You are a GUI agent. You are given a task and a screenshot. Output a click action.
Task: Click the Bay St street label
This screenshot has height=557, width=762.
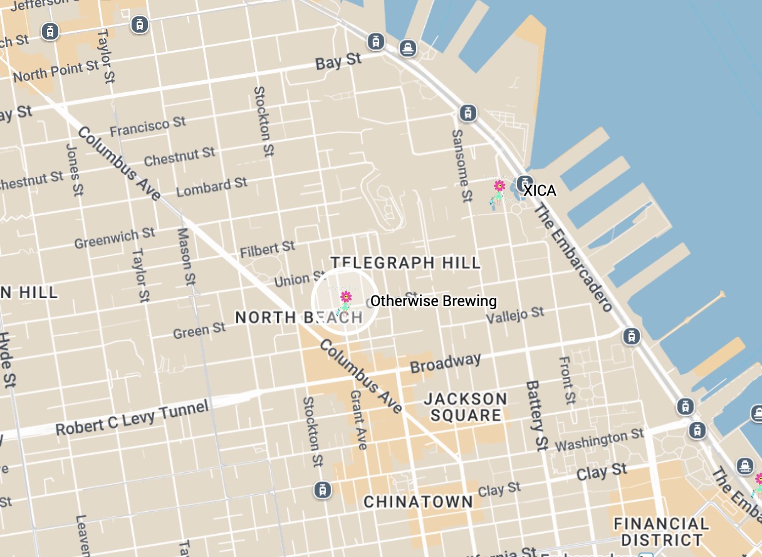pos(338,61)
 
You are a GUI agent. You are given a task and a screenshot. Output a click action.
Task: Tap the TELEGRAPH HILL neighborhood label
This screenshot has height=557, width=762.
pos(405,262)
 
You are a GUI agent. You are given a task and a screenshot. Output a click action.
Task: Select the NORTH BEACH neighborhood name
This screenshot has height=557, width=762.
pos(299,317)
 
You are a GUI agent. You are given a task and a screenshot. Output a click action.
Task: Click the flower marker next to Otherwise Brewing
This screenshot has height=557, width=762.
pos(345,297)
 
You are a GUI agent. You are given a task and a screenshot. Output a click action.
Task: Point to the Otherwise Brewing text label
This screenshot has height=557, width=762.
pos(433,301)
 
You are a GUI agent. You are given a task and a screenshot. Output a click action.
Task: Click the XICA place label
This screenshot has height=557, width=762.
pos(540,191)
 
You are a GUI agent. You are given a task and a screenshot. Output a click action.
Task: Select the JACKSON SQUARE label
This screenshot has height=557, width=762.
pos(466,406)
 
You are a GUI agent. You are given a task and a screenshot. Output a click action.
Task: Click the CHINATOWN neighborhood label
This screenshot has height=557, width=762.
pos(418,502)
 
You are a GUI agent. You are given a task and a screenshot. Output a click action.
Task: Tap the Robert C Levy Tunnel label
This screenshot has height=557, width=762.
pos(132,419)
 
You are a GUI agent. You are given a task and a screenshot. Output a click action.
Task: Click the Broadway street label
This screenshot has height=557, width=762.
pos(446,363)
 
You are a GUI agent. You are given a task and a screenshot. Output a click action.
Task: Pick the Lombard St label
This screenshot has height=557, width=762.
pos(212,187)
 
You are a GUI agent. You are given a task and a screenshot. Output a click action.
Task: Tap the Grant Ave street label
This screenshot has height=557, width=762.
pos(358,420)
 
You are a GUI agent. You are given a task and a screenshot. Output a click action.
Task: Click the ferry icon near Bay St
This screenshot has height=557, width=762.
pos(408,48)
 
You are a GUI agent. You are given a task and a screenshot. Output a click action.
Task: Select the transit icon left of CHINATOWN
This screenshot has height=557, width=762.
pos(322,489)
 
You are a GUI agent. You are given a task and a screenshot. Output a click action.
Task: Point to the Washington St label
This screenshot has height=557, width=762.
pos(599,440)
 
